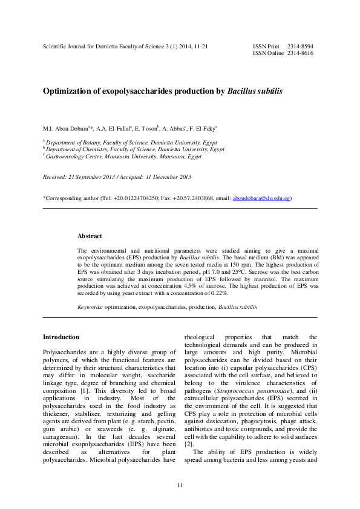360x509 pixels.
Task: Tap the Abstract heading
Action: click(90, 236)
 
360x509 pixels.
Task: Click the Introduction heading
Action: click(61, 337)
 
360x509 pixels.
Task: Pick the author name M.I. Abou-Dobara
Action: click(66, 129)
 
